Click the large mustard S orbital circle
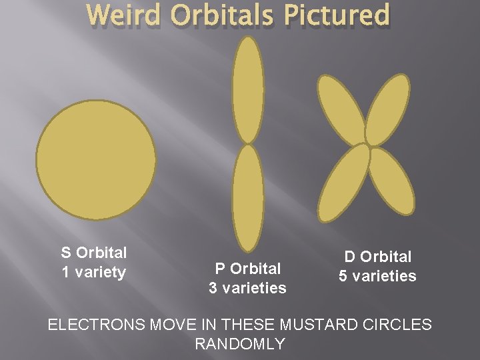[96, 159]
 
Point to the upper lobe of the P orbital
[249, 90]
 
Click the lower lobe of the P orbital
[248, 198]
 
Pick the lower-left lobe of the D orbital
[344, 181]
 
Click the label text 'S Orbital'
[94, 253]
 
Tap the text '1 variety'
[94, 272]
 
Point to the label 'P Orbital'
[248, 269]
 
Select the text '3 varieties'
[248, 288]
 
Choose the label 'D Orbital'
[377, 257]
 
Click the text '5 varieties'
[377, 276]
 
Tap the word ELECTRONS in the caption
[97, 325]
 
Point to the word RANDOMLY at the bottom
[240, 344]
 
